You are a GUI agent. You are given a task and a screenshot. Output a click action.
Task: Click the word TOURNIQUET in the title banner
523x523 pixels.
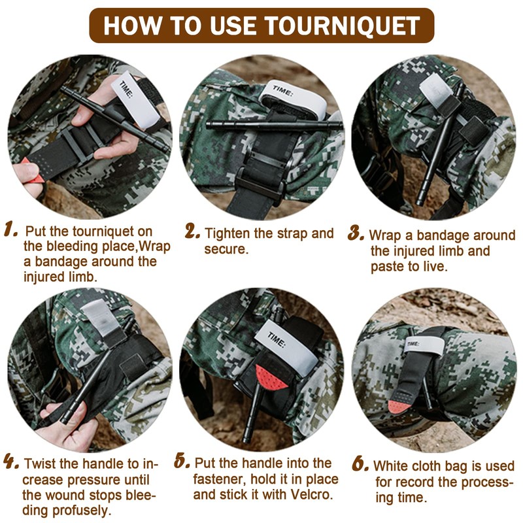(342, 25)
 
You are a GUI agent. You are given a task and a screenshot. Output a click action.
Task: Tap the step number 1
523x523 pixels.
(10, 230)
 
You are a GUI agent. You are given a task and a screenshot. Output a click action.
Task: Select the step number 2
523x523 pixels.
(192, 231)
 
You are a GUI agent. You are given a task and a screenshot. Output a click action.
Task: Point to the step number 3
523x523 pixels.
(356, 233)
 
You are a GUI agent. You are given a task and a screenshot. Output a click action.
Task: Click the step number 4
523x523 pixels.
(11, 462)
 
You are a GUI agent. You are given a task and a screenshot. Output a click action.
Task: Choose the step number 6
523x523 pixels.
(361, 464)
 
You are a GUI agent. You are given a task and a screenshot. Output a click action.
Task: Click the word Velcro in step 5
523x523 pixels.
(312, 494)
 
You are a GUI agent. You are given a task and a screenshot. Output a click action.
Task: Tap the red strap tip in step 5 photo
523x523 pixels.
(271, 378)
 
